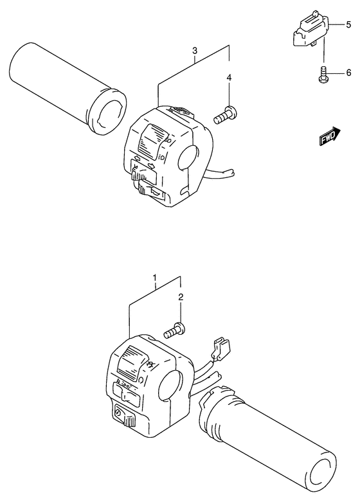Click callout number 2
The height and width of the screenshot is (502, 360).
tap(181, 297)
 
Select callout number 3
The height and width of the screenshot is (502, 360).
tap(194, 50)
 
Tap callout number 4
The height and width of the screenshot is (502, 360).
tap(229, 77)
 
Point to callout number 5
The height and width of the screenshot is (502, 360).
tap(348, 24)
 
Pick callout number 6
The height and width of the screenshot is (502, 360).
tap(349, 73)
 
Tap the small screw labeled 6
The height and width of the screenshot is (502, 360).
tap(323, 74)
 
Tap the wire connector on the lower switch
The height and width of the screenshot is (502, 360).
tap(222, 349)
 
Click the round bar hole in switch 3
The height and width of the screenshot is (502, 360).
tap(188, 157)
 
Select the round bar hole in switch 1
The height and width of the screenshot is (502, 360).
tap(169, 385)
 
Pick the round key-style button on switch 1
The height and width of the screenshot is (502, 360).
tap(118, 413)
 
